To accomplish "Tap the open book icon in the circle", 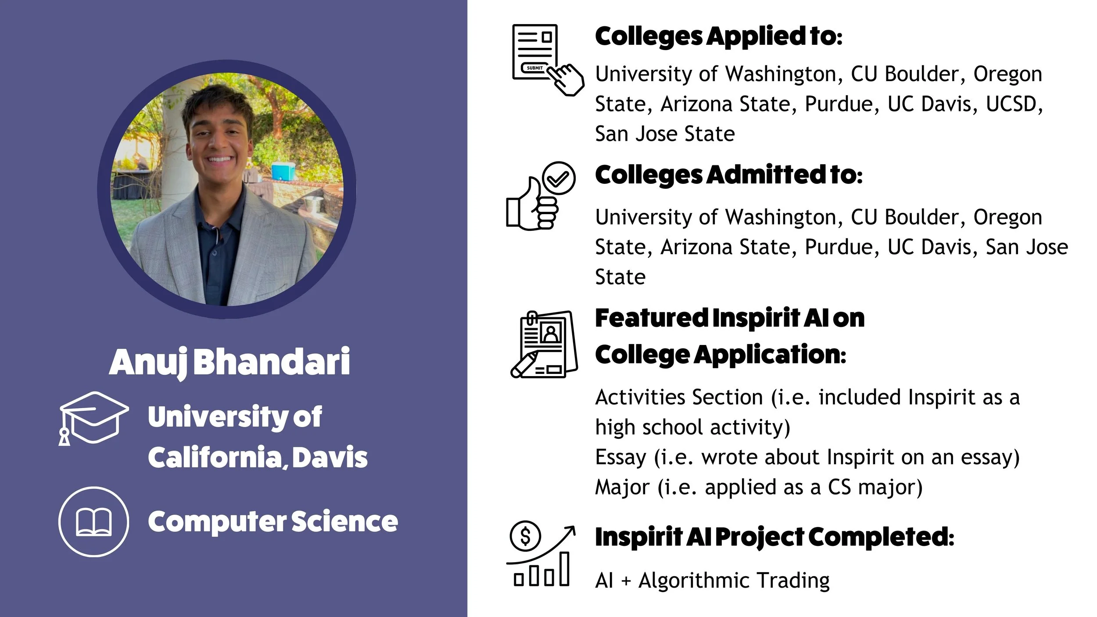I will tap(93, 522).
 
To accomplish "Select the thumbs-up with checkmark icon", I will tap(541, 196).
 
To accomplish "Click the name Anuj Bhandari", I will tap(229, 362).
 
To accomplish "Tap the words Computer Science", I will tap(272, 522).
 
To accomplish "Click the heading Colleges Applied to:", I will tap(718, 36).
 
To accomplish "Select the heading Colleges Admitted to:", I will tap(728, 175).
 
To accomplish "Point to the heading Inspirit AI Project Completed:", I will tap(774, 537).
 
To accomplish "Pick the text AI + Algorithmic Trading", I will tap(712, 580).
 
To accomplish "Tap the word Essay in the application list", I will tap(620, 457).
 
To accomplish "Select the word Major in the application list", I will tap(622, 487).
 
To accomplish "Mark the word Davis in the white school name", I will tap(330, 457).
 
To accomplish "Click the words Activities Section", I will tap(679, 397).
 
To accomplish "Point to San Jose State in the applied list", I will tap(665, 134).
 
